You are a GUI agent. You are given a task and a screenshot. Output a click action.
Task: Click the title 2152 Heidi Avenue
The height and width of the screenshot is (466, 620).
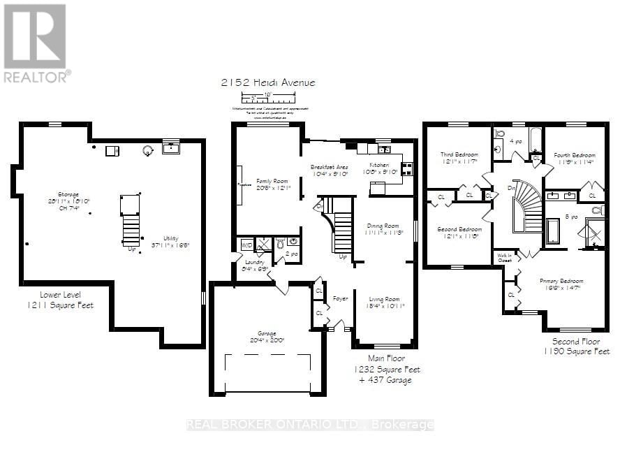click(x=267, y=82)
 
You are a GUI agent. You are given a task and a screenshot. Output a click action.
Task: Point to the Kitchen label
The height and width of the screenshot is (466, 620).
click(x=379, y=165)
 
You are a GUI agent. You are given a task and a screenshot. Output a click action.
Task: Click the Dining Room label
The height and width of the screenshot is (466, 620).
click(x=383, y=226)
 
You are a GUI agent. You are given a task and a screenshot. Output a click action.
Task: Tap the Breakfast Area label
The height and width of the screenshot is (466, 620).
click(x=329, y=167)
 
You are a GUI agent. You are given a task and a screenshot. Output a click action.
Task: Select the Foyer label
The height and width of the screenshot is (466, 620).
click(x=340, y=298)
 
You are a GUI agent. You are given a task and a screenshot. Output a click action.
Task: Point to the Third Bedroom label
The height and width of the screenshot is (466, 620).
click(x=457, y=155)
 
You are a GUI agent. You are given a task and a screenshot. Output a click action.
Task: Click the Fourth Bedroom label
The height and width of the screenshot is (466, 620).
click(x=575, y=155)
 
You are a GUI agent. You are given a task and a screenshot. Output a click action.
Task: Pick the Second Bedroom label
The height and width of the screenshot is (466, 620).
click(x=459, y=229)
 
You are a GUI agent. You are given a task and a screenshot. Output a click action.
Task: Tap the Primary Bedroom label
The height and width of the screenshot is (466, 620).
click(x=561, y=282)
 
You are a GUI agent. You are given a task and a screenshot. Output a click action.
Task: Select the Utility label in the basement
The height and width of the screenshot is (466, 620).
click(x=171, y=238)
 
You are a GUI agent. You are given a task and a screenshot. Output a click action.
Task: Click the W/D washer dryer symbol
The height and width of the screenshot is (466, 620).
click(x=246, y=245)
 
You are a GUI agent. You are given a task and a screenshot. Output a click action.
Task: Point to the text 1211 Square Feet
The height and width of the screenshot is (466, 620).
click(x=61, y=305)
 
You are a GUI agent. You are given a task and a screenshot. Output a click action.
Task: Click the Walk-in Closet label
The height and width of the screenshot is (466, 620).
click(x=504, y=257)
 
